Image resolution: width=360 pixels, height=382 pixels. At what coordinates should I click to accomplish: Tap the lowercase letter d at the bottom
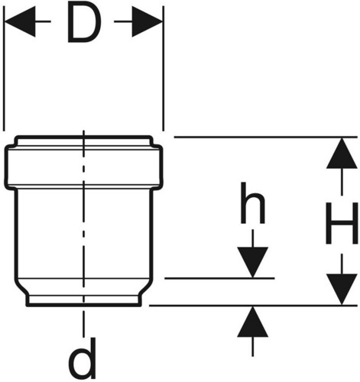pyautogui.click(x=83, y=358)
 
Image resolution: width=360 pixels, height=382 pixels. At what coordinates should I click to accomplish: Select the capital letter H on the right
pyautogui.click(x=342, y=223)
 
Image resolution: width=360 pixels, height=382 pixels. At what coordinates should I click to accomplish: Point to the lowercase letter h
pyautogui.click(x=253, y=203)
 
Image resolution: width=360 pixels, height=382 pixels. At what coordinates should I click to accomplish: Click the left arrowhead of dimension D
pyautogui.click(x=20, y=21)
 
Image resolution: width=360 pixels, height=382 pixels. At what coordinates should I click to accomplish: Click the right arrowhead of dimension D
pyautogui.click(x=148, y=21)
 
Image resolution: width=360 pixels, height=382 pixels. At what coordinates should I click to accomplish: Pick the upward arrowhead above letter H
pyautogui.click(x=342, y=153)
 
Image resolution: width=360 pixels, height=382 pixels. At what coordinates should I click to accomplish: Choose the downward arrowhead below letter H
pyautogui.click(x=342, y=290)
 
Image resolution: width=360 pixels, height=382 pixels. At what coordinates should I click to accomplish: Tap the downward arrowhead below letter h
pyautogui.click(x=252, y=262)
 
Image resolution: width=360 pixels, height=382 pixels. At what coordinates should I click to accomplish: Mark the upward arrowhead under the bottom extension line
pyautogui.click(x=252, y=322)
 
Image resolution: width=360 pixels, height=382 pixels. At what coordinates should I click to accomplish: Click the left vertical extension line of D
pyautogui.click(x=4, y=68)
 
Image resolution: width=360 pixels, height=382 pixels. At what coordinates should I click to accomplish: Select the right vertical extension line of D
pyautogui.click(x=164, y=68)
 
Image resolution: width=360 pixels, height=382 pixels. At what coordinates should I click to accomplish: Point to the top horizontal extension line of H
pyautogui.click(x=266, y=137)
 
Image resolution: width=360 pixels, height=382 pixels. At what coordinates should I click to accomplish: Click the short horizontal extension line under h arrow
pyautogui.click(x=219, y=278)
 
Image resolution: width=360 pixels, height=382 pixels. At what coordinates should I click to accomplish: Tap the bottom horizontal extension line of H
pyautogui.click(x=253, y=306)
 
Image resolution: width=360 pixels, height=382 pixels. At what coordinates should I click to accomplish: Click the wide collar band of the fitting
pyautogui.click(x=83, y=167)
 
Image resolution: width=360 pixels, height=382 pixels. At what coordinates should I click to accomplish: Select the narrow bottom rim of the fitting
pyautogui.click(x=83, y=300)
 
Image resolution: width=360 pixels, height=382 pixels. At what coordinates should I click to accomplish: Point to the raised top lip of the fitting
pyautogui.click(x=83, y=141)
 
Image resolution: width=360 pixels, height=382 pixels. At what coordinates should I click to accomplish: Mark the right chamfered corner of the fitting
pyautogui.click(x=146, y=287)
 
